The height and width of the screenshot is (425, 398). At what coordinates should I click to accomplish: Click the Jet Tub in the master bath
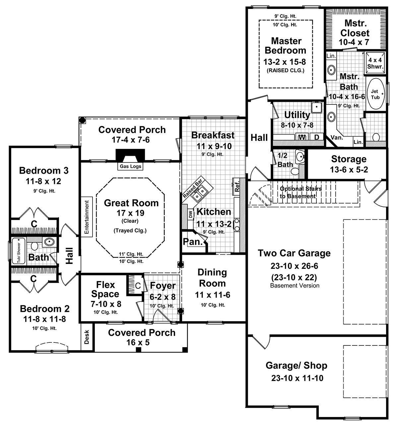click(x=376, y=94)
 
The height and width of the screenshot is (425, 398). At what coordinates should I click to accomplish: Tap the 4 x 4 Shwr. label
click(x=375, y=63)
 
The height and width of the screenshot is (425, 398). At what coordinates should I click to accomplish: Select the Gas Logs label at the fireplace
click(x=130, y=166)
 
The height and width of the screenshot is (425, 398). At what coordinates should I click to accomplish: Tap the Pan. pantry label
click(x=193, y=242)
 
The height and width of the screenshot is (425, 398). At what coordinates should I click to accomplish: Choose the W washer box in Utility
click(x=302, y=137)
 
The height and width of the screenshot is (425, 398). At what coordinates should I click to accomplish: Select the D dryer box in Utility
click(x=316, y=137)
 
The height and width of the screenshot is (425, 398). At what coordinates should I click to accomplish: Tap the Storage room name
click(x=349, y=159)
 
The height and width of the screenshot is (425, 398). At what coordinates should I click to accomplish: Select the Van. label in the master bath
click(x=337, y=138)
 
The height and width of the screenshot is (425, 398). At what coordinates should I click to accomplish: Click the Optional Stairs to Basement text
click(x=300, y=192)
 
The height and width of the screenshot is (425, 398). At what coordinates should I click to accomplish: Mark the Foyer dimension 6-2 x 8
click(x=163, y=297)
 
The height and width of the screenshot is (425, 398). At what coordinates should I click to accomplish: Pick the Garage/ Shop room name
click(x=296, y=366)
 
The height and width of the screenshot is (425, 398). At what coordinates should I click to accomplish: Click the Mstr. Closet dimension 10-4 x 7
click(x=354, y=42)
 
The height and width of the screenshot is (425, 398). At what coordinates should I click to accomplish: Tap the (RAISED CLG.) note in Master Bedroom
click(x=285, y=70)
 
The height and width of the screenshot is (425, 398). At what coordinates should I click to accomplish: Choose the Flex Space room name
click(x=105, y=289)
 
